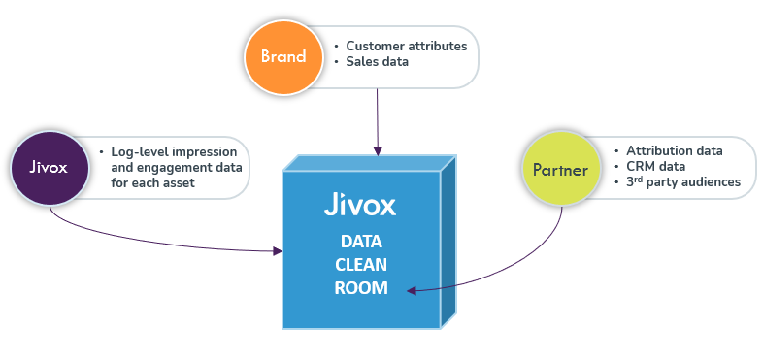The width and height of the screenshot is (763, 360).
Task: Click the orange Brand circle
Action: (x=282, y=55)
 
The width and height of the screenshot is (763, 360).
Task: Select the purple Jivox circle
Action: (x=49, y=167)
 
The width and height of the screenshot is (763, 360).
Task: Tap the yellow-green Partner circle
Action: (x=560, y=169)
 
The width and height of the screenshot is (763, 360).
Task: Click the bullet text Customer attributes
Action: (x=406, y=46)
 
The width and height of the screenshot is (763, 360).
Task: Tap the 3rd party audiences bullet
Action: (x=683, y=181)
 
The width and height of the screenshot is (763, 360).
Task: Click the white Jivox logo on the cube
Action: (x=360, y=207)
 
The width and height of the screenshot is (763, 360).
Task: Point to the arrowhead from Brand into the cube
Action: (x=377, y=150)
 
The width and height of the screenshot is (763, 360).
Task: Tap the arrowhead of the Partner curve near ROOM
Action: (x=412, y=289)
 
